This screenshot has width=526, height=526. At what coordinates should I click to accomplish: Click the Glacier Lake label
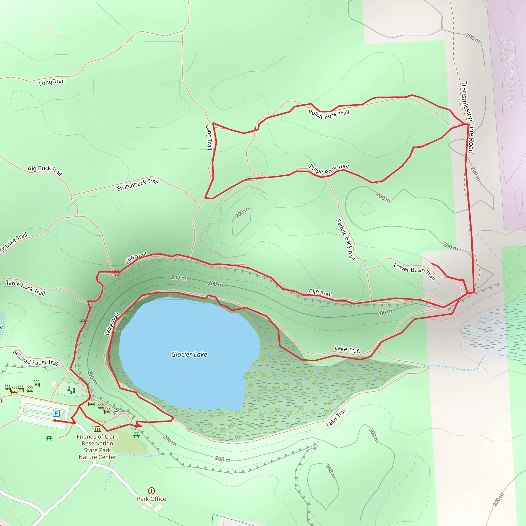coord(189,354)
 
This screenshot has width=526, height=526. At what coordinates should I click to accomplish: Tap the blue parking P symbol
coord(56,413)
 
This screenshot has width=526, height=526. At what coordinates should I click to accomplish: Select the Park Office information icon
coord(151,491)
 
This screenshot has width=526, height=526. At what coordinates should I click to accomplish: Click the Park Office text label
coord(151,499)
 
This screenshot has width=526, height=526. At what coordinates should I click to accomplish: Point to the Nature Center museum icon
coord(97,429)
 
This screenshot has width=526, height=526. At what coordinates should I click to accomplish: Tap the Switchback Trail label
coord(138,185)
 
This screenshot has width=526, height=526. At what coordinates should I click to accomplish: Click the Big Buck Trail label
coord(45,170)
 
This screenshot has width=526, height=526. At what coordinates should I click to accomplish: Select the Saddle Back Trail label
coord(346,240)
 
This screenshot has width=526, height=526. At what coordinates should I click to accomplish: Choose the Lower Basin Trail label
coord(415,271)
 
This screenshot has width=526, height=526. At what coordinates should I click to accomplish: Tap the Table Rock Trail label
coord(26,288)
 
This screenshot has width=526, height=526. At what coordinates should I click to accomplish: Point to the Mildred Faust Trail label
coord(36,358)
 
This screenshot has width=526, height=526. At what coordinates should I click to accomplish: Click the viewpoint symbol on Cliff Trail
coord(117,273)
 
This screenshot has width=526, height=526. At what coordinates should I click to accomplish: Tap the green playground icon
coord(71,390)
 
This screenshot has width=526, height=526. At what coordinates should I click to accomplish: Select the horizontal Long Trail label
coord(52,82)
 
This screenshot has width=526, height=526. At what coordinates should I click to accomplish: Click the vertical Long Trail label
coord(209,137)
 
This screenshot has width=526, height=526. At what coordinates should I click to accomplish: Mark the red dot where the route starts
coord(55,421)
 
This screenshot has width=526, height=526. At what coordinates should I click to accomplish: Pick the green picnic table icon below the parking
coord(49,438)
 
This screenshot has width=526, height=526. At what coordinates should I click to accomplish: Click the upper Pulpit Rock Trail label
coord(328,114)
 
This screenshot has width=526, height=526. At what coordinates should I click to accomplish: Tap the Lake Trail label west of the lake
coord(112,324)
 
